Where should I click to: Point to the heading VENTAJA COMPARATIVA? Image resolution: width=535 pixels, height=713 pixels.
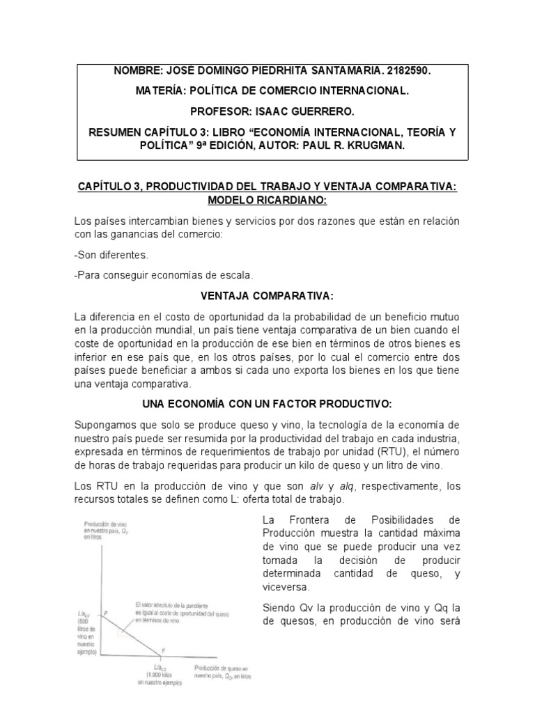pyautogui.click(x=267, y=297)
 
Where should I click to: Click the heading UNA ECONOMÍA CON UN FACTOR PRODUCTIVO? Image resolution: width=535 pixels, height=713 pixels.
pyautogui.click(x=267, y=404)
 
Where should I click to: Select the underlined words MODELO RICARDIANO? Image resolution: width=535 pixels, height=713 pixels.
pyautogui.click(x=267, y=200)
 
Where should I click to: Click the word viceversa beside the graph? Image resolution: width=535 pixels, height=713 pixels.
pyautogui.click(x=284, y=587)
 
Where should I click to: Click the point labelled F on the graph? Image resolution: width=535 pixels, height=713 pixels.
pyautogui.click(x=164, y=650)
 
